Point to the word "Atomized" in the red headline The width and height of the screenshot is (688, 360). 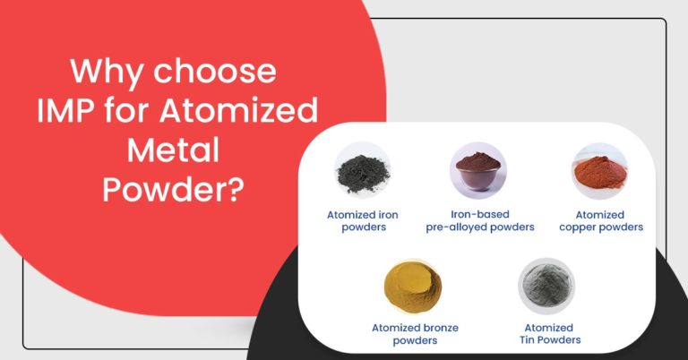255,112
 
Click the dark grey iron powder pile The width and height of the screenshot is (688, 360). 363,171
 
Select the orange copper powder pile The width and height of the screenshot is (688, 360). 599,170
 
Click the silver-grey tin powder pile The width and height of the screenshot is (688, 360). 546,286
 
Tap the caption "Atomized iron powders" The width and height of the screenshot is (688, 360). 363,220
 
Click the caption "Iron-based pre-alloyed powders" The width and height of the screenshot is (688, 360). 479,220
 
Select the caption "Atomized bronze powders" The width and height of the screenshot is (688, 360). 415,333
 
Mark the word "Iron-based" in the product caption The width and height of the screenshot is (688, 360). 479,214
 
